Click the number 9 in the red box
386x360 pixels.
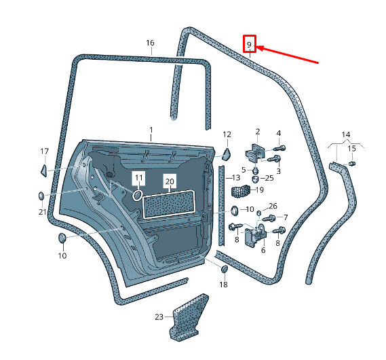[249, 45]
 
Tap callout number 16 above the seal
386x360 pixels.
[150, 43]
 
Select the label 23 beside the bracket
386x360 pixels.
[159, 317]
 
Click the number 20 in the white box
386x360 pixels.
[170, 181]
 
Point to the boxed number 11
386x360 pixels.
[139, 177]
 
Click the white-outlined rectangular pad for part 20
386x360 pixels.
[169, 204]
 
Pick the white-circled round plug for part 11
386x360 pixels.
[137, 195]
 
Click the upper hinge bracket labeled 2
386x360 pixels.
[255, 153]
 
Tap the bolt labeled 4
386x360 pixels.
[279, 148]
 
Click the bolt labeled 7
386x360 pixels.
[269, 218]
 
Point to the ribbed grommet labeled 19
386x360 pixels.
[241, 191]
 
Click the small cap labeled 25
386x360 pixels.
[255, 179]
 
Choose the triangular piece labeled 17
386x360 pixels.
[44, 170]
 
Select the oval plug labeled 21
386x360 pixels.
[41, 196]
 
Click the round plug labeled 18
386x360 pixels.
[225, 269]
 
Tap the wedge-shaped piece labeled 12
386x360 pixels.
[227, 154]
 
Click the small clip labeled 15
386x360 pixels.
[352, 164]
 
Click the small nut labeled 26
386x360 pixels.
[259, 213]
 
